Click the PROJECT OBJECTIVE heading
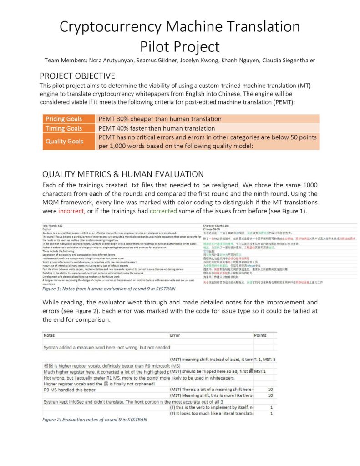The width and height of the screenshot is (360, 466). (77, 76)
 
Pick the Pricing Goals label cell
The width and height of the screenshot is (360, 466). (64, 119)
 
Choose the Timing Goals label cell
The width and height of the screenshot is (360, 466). (64, 128)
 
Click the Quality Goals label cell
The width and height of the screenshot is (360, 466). (64, 141)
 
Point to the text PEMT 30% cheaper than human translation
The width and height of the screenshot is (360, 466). (160, 119)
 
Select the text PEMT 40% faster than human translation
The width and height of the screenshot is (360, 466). (157, 128)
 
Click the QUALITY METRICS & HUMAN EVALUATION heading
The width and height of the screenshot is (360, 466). (123, 174)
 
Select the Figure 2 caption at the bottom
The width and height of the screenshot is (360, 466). (95, 419)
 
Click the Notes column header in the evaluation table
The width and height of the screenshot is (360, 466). (49, 335)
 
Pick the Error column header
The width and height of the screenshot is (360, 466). (175, 335)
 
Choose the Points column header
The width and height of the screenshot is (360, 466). (260, 335)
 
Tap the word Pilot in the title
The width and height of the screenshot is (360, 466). (159, 46)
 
